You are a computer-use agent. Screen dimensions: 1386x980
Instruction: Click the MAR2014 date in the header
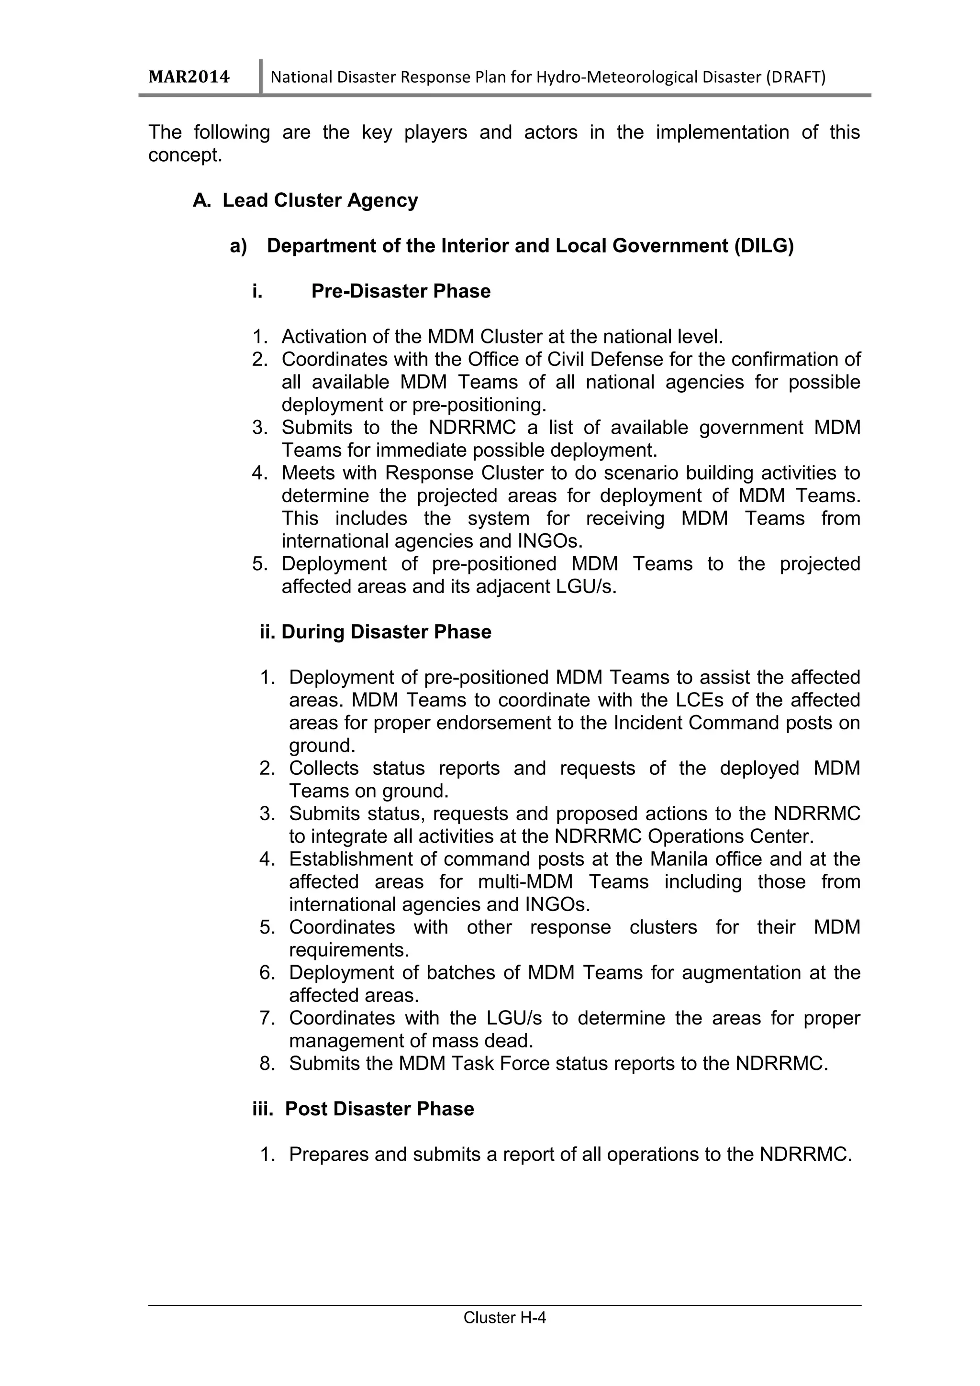pyautogui.click(x=189, y=77)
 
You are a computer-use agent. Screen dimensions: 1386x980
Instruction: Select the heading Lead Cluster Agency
pyautogui.click(x=320, y=200)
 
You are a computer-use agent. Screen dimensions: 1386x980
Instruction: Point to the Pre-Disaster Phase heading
pyautogui.click(x=401, y=291)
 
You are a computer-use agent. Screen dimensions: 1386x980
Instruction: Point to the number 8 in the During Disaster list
pyautogui.click(x=266, y=1063)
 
